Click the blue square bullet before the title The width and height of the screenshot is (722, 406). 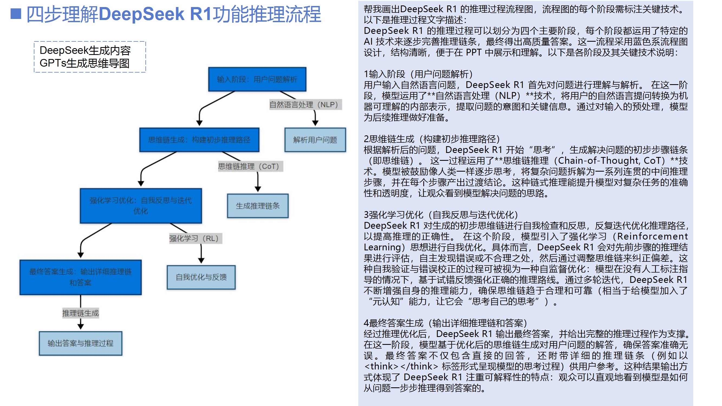tap(16, 14)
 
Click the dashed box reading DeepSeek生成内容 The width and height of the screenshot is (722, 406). tap(90, 57)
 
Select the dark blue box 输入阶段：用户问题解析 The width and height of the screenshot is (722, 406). tap(257, 79)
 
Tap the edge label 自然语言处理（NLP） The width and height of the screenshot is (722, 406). tap(305, 104)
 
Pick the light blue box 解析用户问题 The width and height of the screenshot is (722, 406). tap(315, 140)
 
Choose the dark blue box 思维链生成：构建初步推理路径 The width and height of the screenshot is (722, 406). tap(199, 140)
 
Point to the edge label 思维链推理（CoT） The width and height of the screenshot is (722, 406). tap(250, 166)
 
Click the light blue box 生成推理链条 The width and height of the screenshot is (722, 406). tap(258, 206)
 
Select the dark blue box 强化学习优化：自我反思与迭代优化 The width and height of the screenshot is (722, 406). tap(141, 206)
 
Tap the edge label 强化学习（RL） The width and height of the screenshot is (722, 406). tap(195, 238)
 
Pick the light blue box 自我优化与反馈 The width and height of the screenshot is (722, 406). tap(201, 277)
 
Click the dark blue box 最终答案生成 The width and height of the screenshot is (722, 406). tap(80, 277)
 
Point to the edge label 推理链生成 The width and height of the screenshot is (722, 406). tap(80, 313)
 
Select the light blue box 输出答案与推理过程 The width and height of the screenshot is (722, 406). tap(80, 343)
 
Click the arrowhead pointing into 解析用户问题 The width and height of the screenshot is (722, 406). tap(315, 123)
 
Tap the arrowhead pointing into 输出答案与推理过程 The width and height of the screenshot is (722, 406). tap(80, 326)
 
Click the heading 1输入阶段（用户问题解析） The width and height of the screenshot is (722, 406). tap(418, 74)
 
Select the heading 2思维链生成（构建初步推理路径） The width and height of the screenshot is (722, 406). tap(432, 139)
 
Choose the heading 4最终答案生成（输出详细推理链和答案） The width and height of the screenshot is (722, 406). tap(445, 323)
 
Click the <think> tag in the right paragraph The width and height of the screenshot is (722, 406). tap(381, 366)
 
